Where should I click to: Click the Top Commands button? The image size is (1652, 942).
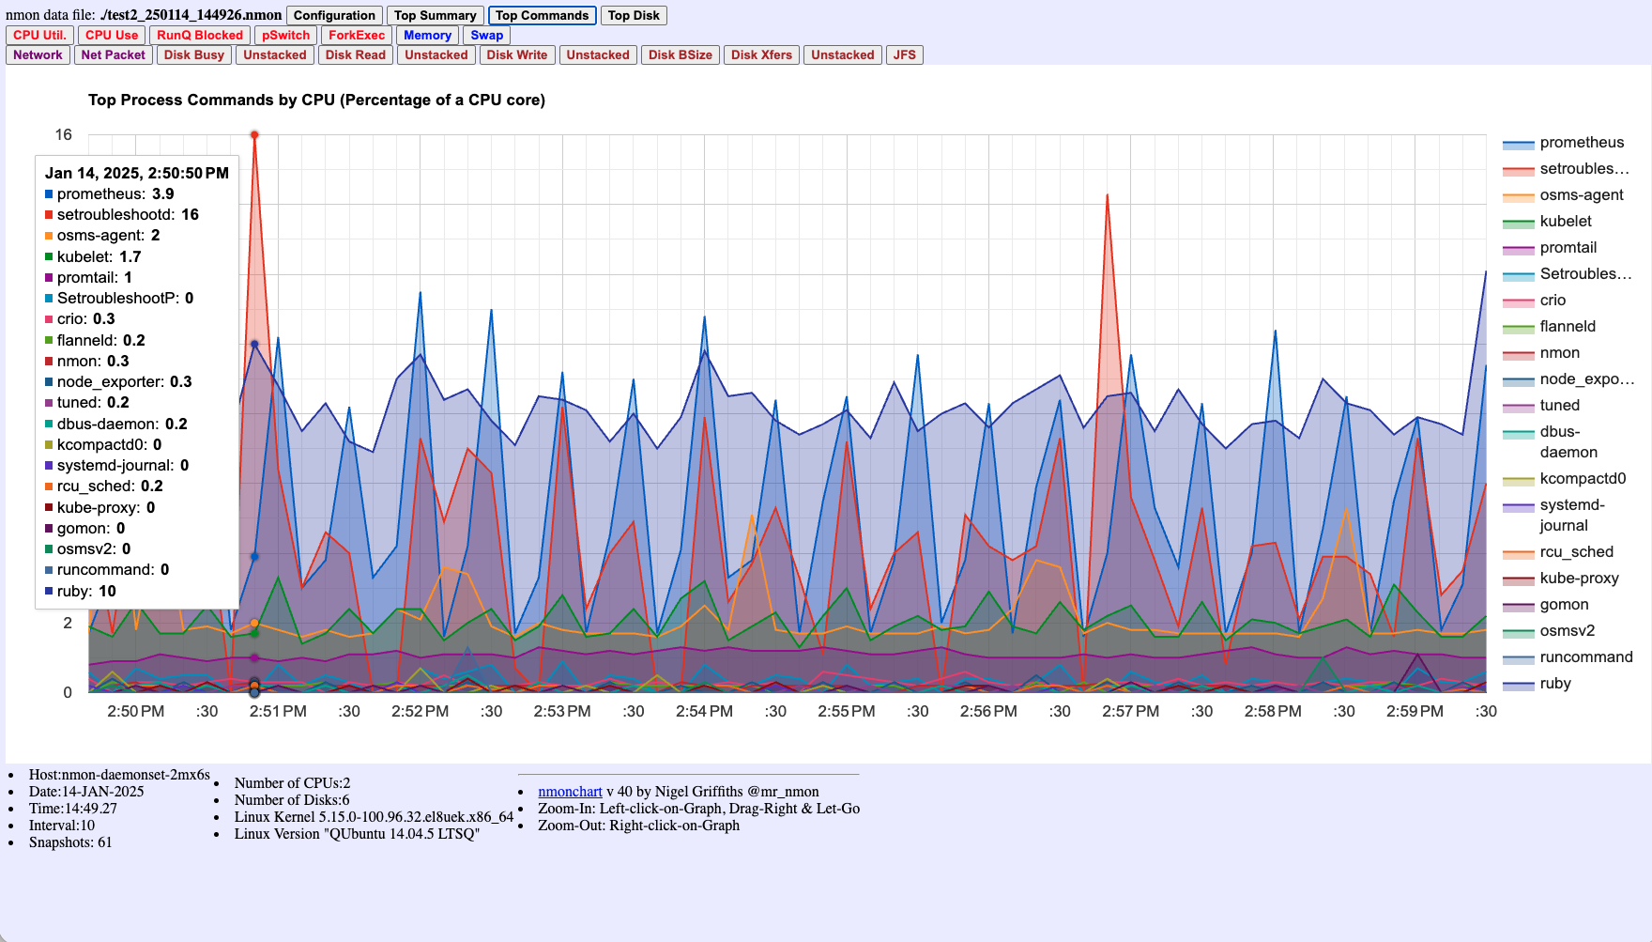point(542,15)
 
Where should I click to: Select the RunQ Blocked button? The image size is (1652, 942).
point(199,35)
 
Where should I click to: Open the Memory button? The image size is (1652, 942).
point(427,35)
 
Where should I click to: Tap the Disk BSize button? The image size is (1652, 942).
point(680,54)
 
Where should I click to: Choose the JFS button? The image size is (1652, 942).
point(904,54)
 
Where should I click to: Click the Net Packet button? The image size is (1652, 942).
point(113,54)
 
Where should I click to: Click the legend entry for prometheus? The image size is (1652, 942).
point(1581,143)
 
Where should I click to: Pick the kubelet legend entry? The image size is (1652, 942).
point(1565,222)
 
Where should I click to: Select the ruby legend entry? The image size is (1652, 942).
point(1554,684)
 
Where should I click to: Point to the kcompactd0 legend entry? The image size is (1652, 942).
point(1582,479)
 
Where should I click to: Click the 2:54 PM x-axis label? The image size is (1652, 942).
point(704,711)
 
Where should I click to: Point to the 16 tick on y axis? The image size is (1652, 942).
point(63,134)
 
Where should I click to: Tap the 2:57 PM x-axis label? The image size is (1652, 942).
point(1130,711)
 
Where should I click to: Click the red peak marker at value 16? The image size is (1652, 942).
point(254,135)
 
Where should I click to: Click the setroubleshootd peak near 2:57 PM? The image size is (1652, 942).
point(1108,195)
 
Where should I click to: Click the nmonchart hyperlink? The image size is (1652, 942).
point(570,792)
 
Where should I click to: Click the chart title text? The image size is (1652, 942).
point(316,100)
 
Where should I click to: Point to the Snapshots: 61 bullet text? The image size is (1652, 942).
point(70,842)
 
